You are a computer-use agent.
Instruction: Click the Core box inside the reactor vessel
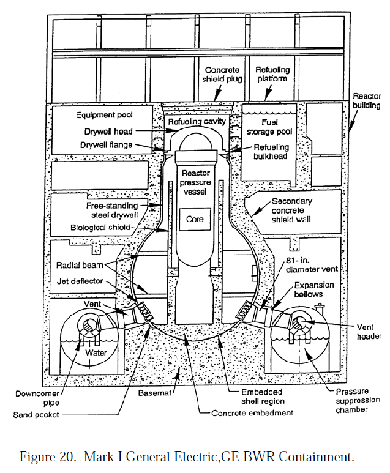pyautogui.click(x=195, y=218)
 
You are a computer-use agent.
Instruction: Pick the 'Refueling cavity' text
pyautogui.click(x=197, y=121)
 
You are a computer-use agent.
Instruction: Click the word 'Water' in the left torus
pyautogui.click(x=95, y=352)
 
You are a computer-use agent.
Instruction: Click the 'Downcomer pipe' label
pyautogui.click(x=31, y=398)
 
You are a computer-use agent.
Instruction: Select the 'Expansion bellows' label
pyautogui.click(x=313, y=289)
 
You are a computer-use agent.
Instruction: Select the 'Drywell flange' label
pyautogui.click(x=105, y=145)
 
